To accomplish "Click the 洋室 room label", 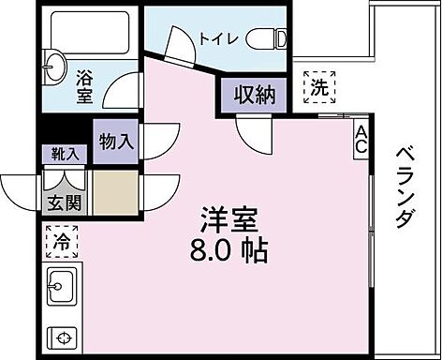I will pos(228,221).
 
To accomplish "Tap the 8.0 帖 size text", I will pos(229,251).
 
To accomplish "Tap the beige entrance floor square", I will pos(115,193).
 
